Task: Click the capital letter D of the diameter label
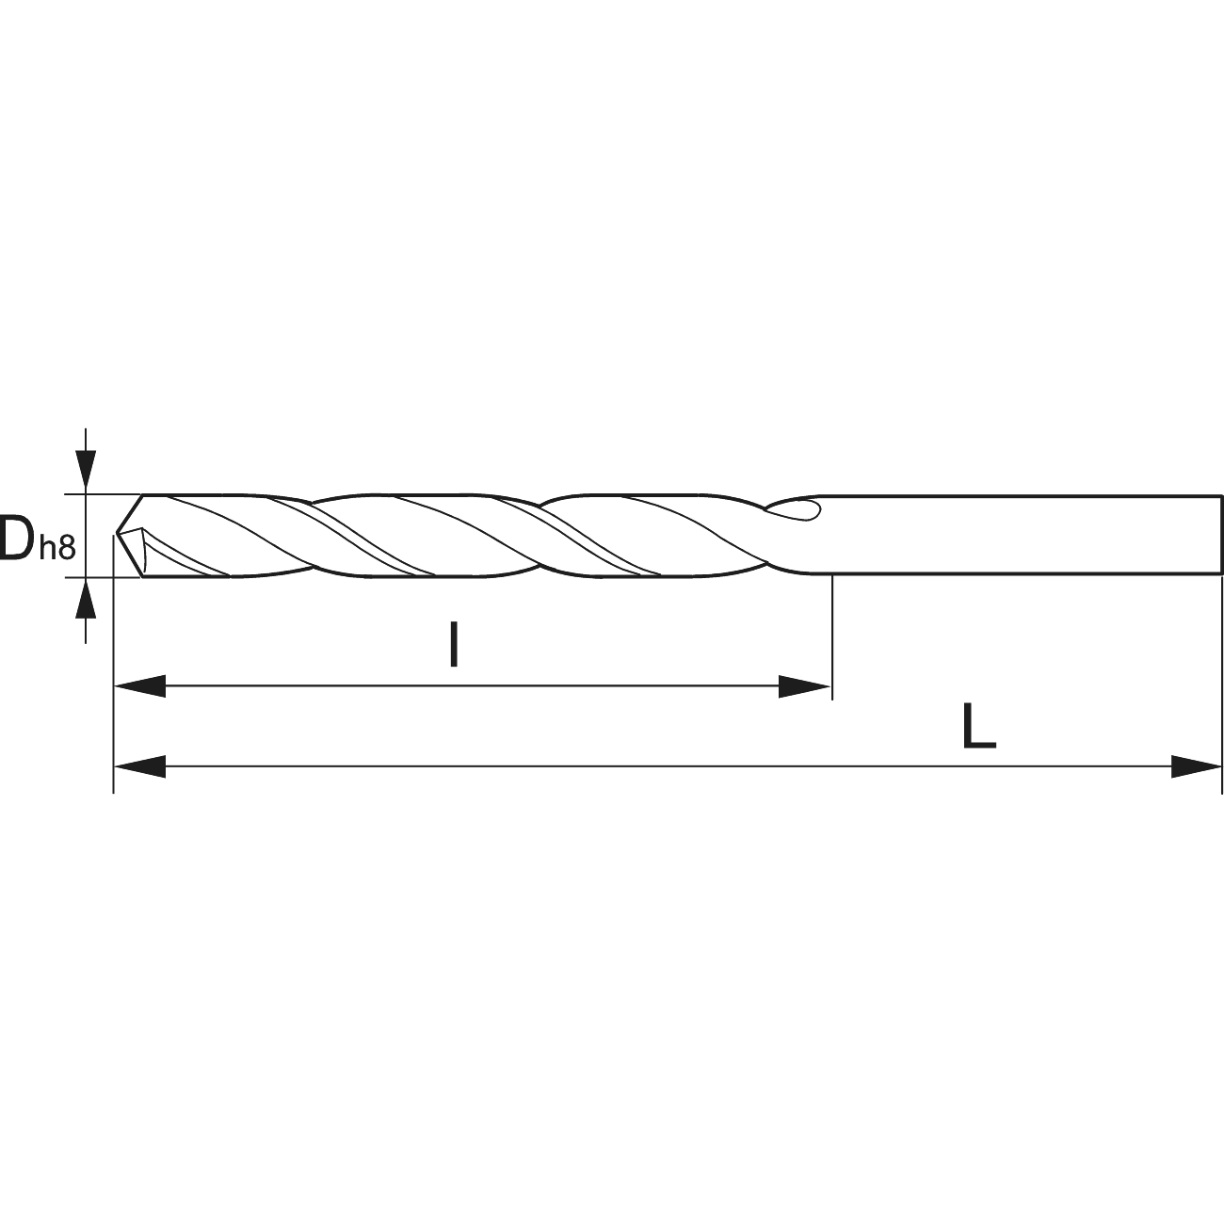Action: click(16, 539)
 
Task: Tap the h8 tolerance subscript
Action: click(57, 547)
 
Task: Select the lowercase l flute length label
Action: click(454, 645)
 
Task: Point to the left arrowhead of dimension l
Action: click(139, 686)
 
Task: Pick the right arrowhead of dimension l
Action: click(804, 686)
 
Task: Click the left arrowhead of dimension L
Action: click(139, 766)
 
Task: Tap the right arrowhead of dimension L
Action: click(1196, 766)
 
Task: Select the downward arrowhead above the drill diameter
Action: click(86, 472)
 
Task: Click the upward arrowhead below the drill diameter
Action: click(86, 599)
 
